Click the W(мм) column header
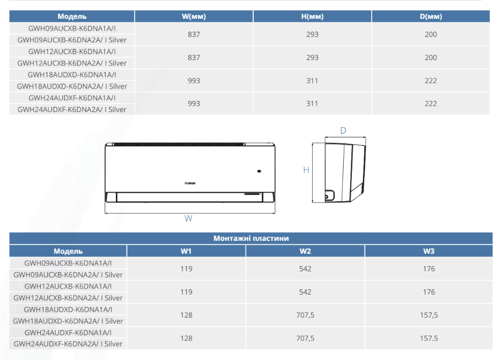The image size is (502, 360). tap(194, 16)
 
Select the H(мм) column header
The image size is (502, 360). tap(312, 16)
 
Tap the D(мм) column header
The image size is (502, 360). tap(431, 16)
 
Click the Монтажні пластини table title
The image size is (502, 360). tap(251, 238)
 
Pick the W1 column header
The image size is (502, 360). tap(186, 251)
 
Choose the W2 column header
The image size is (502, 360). tap(305, 251)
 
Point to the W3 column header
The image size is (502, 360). tap(429, 251)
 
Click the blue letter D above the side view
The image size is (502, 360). tap(343, 131)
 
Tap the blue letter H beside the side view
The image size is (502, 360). tap(306, 170)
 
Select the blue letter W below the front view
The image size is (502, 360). tap(188, 218)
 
